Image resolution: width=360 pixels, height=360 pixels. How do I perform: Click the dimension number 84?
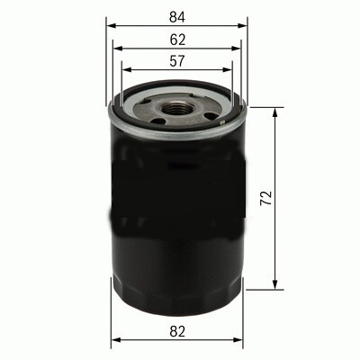[x=176, y=15]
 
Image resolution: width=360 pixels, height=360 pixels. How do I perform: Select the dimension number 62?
[x=176, y=40]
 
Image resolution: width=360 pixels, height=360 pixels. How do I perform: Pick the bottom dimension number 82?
[x=176, y=331]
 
